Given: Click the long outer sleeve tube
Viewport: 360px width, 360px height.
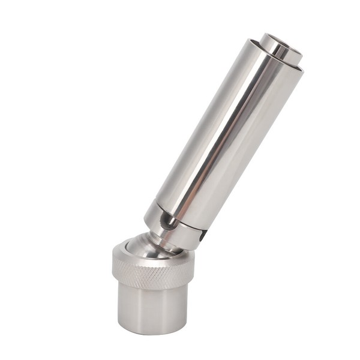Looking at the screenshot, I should (228, 132).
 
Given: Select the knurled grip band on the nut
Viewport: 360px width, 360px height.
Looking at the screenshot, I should (153, 276).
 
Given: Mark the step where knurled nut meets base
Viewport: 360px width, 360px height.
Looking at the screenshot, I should (153, 289).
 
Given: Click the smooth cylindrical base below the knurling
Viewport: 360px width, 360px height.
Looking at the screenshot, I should (153, 309).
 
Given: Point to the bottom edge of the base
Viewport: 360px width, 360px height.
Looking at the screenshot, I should (153, 332).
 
